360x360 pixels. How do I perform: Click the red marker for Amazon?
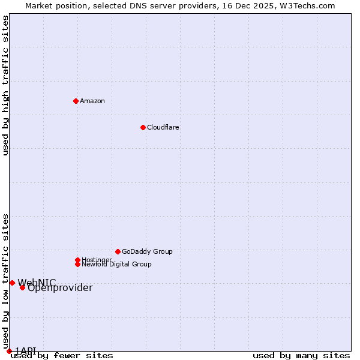[x=76, y=101]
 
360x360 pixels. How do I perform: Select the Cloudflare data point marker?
[x=143, y=127]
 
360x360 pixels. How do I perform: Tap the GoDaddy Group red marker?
[x=118, y=251]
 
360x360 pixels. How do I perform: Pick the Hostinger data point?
[x=77, y=260]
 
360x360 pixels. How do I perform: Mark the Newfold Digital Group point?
[x=77, y=264]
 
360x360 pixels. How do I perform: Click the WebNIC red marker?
[x=12, y=283]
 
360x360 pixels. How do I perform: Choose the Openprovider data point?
[x=22, y=287]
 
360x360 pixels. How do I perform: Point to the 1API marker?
[x=9, y=351]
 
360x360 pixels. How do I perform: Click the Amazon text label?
[x=92, y=101]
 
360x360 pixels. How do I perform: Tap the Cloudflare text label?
[x=163, y=127]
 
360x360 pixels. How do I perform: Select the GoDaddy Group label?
[x=147, y=251]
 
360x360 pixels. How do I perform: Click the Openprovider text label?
[x=60, y=288]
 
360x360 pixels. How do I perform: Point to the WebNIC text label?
[x=37, y=283]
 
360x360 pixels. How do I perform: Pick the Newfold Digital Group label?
[x=117, y=265]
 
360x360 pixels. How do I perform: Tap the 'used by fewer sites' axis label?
[x=62, y=356]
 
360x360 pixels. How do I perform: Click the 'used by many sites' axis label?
[x=301, y=356]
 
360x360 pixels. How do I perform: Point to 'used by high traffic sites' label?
[x=5, y=85]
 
